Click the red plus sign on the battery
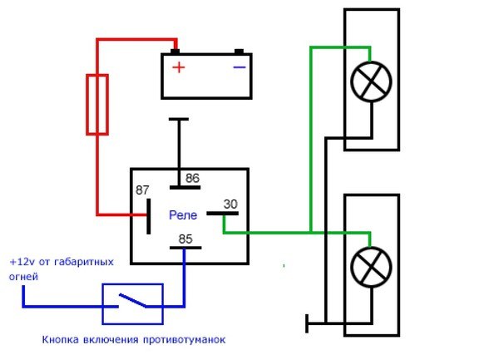click(177, 67)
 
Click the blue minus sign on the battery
click(239, 67)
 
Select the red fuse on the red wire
click(97, 103)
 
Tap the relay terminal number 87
click(143, 190)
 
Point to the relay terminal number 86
click(192, 178)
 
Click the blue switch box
click(132, 303)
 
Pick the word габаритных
click(84, 261)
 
